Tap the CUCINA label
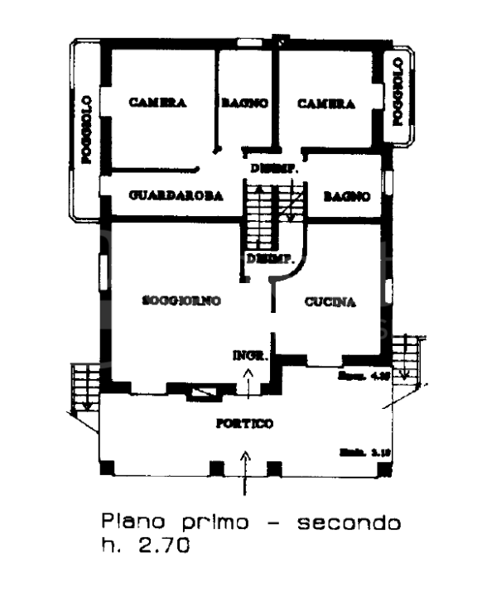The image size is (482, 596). (329, 302)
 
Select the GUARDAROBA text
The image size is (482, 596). (177, 197)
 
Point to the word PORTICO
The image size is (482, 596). (244, 424)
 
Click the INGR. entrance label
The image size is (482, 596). (248, 357)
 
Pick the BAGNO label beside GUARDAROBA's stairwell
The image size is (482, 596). (345, 197)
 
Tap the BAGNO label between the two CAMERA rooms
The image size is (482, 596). (244, 104)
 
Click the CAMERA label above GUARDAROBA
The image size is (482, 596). (157, 104)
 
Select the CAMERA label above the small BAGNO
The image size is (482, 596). (326, 104)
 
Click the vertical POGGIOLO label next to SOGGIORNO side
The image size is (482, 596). (86, 131)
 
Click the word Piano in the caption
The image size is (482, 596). (128, 523)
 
